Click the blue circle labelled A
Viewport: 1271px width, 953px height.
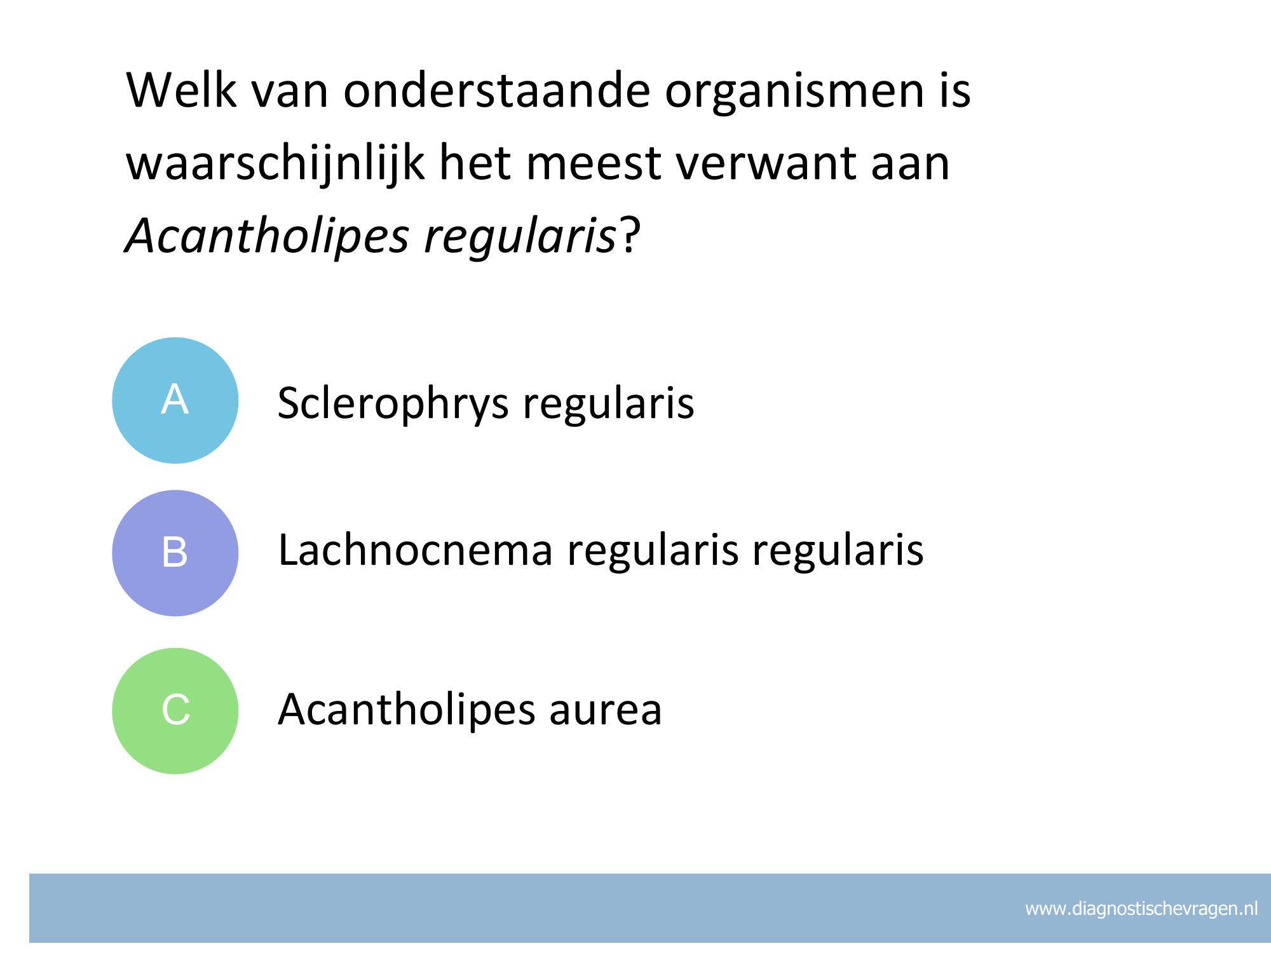(175, 400)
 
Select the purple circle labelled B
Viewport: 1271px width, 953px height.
(175, 553)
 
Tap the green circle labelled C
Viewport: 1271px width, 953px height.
(175, 711)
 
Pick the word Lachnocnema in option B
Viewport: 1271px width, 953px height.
(416, 550)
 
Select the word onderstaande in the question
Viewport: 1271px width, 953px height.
(497, 90)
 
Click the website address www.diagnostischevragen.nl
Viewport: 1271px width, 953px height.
(1141, 909)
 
